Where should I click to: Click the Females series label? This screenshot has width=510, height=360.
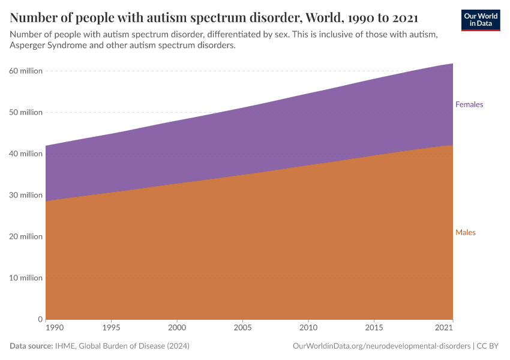point(469,104)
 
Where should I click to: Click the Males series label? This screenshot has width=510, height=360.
point(465,232)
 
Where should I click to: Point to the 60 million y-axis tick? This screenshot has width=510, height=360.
point(26,71)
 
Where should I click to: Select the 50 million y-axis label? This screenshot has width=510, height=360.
point(26,112)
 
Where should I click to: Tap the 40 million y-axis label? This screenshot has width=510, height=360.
point(26,154)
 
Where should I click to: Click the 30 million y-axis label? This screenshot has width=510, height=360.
point(26,195)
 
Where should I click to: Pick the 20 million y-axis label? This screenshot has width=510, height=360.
point(26,236)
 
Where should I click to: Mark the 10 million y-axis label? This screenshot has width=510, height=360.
point(26,278)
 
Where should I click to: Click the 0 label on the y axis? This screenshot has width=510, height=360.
point(40,319)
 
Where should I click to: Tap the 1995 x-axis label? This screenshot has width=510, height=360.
point(111,329)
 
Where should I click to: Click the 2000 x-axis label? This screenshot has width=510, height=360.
point(177,329)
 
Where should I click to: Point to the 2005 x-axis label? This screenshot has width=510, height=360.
point(242,329)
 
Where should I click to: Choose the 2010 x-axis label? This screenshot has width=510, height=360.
point(308,329)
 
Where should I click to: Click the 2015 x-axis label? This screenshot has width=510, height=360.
point(374,329)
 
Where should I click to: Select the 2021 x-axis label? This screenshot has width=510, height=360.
point(444,329)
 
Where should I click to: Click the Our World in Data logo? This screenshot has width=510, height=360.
point(480,20)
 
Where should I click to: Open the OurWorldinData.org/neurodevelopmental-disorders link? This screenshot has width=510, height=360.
point(382,346)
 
